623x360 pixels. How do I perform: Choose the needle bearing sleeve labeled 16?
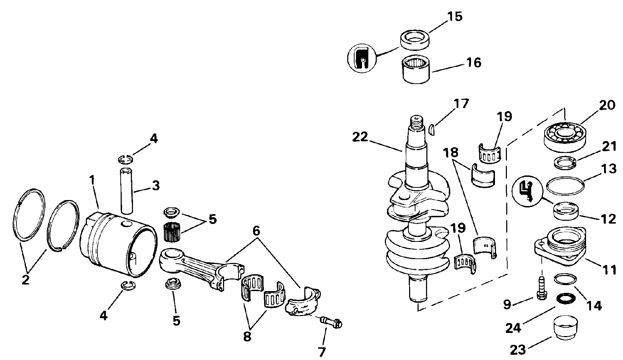point(417,70)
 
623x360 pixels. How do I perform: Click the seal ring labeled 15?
point(416,39)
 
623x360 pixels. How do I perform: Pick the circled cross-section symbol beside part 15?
point(362,59)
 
